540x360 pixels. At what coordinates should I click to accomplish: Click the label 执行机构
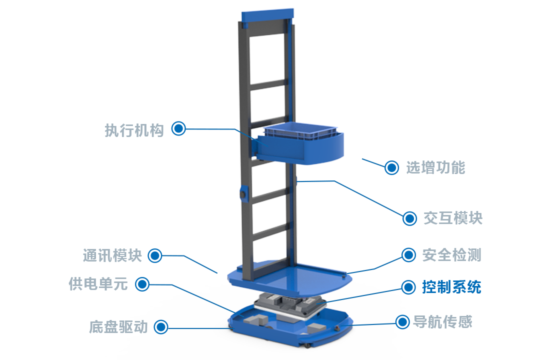point(134,131)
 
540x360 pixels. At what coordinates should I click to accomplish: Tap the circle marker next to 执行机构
point(178,128)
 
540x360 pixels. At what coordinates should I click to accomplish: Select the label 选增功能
point(435,167)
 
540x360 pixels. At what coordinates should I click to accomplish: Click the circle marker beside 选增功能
point(392,168)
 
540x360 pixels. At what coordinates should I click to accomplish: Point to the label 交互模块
point(452,218)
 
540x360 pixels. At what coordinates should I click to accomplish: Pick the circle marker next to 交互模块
point(410,218)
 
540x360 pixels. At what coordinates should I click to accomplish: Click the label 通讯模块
point(112,255)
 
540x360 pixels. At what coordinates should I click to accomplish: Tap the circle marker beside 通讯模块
point(155,256)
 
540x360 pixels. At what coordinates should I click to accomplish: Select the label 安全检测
point(451,254)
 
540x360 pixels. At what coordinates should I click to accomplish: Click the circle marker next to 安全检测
point(409,254)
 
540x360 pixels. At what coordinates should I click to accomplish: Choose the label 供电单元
point(98,284)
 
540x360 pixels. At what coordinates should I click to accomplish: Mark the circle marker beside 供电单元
point(143,284)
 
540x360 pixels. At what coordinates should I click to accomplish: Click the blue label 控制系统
point(451,287)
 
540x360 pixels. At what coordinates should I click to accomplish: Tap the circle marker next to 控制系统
point(409,287)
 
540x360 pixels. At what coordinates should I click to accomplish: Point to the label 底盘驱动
point(118,327)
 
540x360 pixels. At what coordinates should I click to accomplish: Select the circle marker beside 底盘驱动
point(161,327)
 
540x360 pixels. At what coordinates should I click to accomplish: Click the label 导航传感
point(442,321)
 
